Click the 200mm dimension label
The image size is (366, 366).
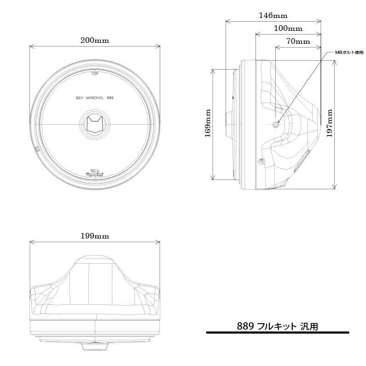(94, 41)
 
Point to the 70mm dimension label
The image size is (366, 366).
(298, 41)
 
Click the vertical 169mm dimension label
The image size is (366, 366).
(208, 124)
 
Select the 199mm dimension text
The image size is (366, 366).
(94, 236)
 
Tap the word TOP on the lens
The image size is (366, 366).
(95, 73)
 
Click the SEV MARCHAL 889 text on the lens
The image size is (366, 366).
(94, 98)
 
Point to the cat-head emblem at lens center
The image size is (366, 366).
(95, 125)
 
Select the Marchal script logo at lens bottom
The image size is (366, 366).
(94, 173)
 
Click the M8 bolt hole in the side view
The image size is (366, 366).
(276, 125)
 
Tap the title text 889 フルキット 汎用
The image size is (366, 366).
(277, 326)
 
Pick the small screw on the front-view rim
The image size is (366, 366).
(36, 149)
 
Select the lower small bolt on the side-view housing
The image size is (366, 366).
(262, 161)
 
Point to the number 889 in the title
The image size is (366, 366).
(245, 326)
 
